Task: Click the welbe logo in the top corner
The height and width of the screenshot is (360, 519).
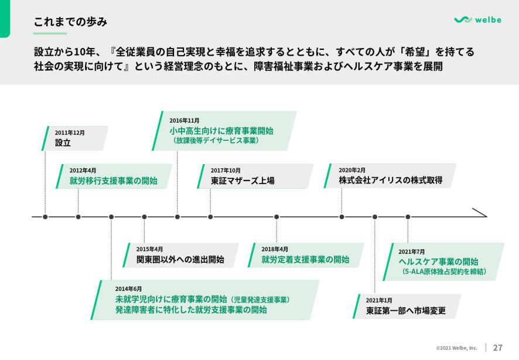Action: pyautogui.click(x=477, y=20)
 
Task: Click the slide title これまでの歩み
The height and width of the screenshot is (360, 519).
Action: pyautogui.click(x=70, y=22)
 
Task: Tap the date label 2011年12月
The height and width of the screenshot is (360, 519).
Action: pyautogui.click(x=70, y=133)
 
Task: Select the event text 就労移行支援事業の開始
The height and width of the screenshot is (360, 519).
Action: pyautogui.click(x=113, y=181)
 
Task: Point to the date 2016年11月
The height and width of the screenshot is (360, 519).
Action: pyautogui.click(x=185, y=120)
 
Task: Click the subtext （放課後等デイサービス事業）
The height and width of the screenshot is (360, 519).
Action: pyautogui.click(x=216, y=141)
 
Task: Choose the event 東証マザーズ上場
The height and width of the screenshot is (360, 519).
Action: pyautogui.click(x=243, y=181)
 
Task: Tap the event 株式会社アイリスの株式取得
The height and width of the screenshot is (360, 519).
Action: pyautogui.click(x=390, y=180)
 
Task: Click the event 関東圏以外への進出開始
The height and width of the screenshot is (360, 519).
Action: pyautogui.click(x=180, y=260)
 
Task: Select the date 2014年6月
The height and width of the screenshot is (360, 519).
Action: pyautogui.click(x=128, y=288)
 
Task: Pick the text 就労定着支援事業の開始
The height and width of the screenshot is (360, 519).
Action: pyautogui.click(x=305, y=259)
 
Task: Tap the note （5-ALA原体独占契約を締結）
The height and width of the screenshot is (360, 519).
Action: pyautogui.click(x=444, y=272)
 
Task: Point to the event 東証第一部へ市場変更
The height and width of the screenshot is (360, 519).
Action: pyautogui.click(x=405, y=311)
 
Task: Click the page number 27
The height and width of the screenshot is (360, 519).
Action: pyautogui.click(x=498, y=347)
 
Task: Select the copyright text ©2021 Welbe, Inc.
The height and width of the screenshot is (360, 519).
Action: pyautogui.click(x=456, y=348)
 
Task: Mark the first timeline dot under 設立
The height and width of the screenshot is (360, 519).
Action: pyautogui.click(x=45, y=217)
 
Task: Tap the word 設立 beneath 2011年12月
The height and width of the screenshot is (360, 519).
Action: pyautogui.click(x=63, y=143)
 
